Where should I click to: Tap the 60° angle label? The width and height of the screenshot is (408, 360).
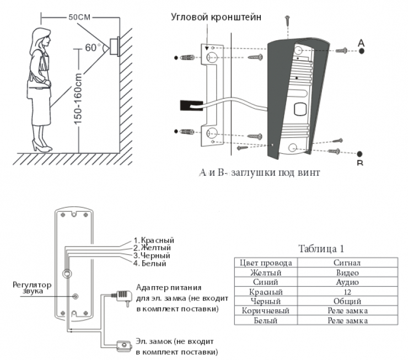click(x=90, y=47)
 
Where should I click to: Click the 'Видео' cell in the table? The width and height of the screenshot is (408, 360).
click(x=347, y=272)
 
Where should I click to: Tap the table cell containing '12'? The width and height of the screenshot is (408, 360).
click(x=347, y=292)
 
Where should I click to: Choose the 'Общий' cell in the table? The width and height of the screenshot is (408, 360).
click(x=347, y=302)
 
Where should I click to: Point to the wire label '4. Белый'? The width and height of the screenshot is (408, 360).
click(x=149, y=264)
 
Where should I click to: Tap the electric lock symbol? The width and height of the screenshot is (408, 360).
click(x=122, y=346)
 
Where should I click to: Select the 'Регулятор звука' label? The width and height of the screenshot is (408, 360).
click(x=32, y=288)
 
